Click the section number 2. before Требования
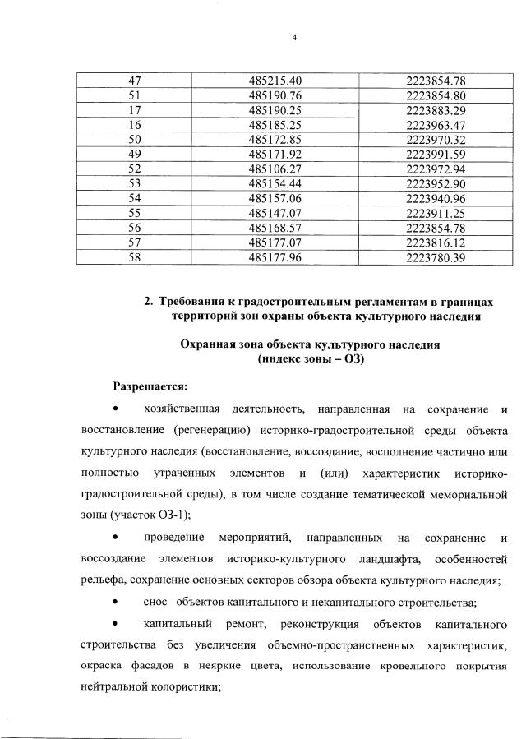tap(147, 302)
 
